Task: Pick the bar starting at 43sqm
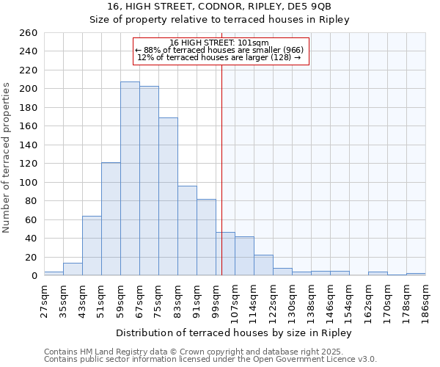(92, 245)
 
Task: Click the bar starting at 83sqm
(187, 230)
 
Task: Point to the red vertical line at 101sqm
(221, 169)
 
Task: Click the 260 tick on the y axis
(29, 33)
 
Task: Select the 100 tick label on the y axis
(29, 182)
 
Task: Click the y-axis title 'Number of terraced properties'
(7, 157)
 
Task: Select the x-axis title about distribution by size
(234, 333)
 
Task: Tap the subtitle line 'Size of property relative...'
(219, 20)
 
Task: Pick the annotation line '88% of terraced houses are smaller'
(220, 50)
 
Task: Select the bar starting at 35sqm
(73, 269)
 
